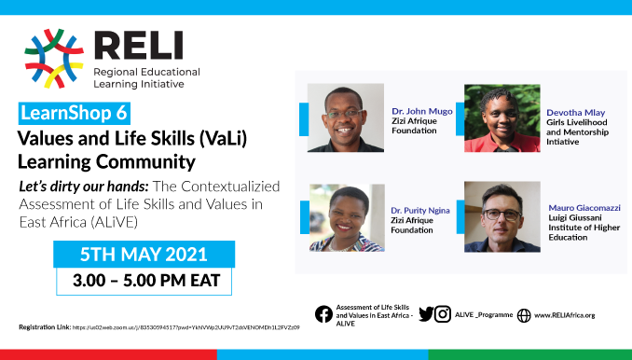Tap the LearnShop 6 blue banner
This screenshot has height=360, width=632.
click(74, 116)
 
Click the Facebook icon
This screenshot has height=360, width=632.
click(323, 314)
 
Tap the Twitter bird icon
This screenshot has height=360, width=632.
click(426, 314)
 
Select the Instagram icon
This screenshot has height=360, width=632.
click(444, 314)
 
